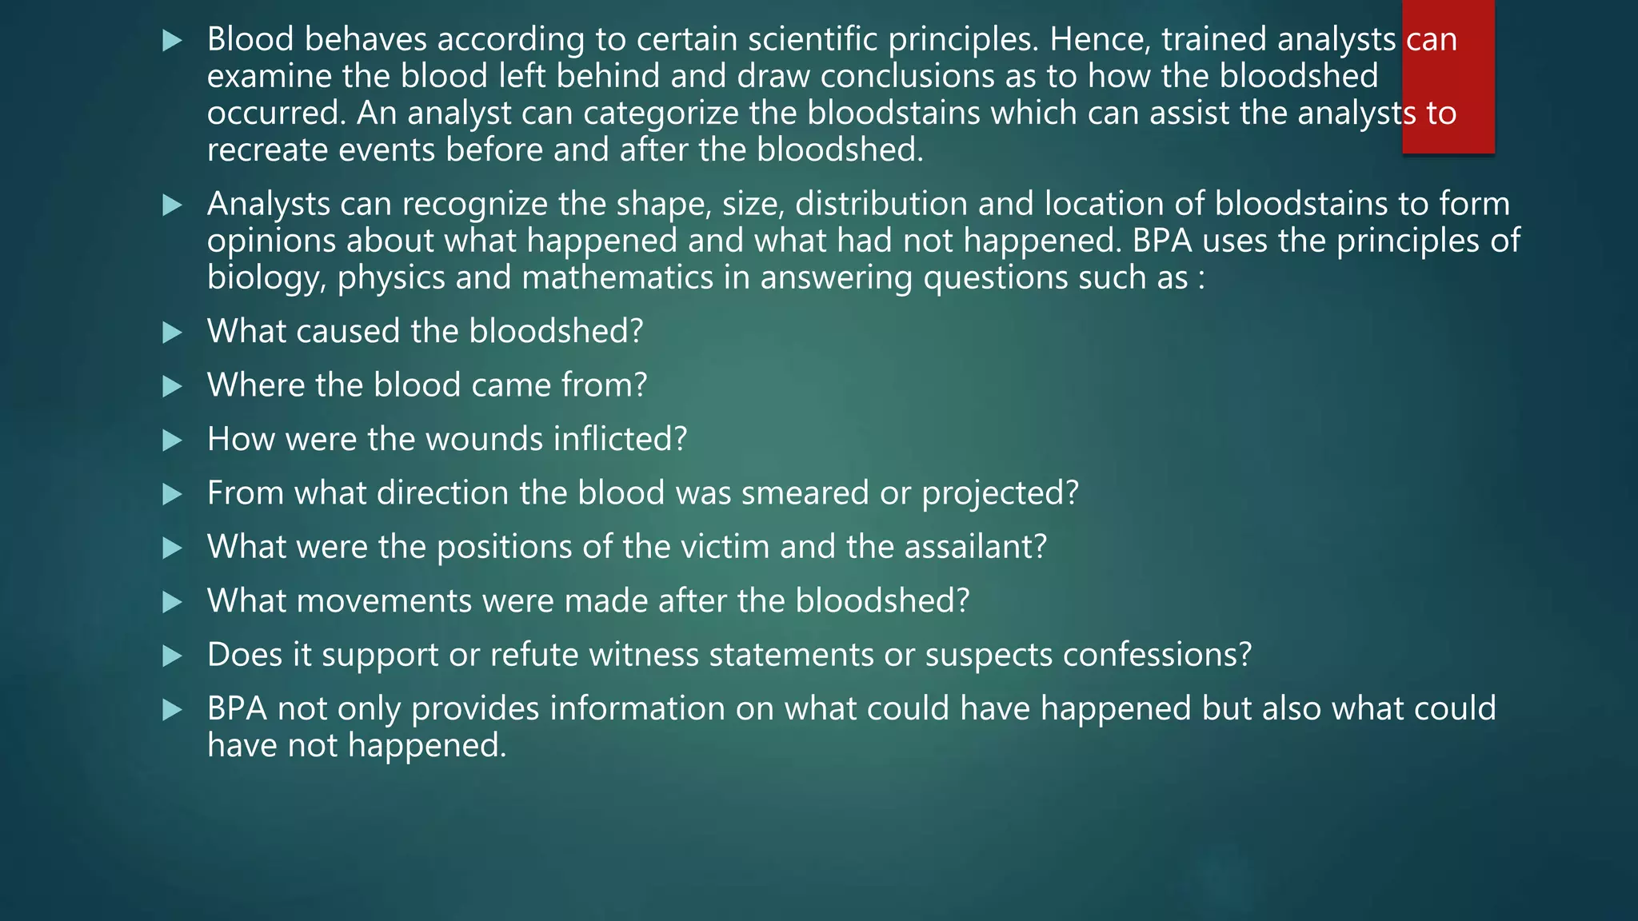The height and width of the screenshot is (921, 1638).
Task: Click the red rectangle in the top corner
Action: click(x=1448, y=77)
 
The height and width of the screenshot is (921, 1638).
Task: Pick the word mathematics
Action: click(x=636, y=277)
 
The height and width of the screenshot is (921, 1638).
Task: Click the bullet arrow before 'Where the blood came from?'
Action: click(x=172, y=387)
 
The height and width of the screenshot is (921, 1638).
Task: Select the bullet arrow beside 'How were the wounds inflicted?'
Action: click(x=172, y=441)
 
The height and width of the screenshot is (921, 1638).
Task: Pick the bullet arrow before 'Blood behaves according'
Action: click(x=172, y=41)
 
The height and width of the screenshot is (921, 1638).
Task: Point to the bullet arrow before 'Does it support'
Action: click(x=172, y=656)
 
